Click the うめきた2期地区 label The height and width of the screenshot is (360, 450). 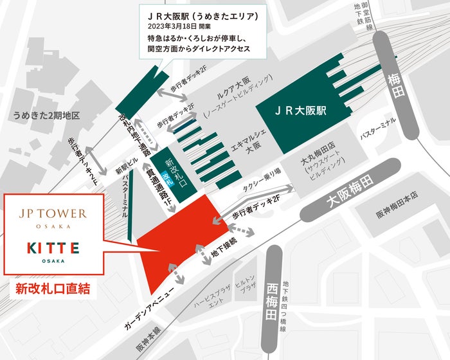tap(46, 116)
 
